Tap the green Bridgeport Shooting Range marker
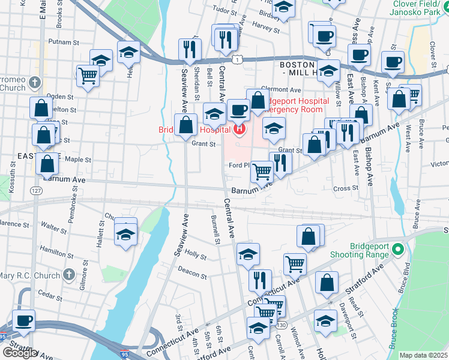396,248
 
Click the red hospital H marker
240,128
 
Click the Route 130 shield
281,325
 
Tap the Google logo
19,353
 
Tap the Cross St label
345,188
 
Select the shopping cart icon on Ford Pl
262,172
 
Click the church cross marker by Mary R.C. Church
70,275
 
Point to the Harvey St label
262,26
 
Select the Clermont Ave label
280,89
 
